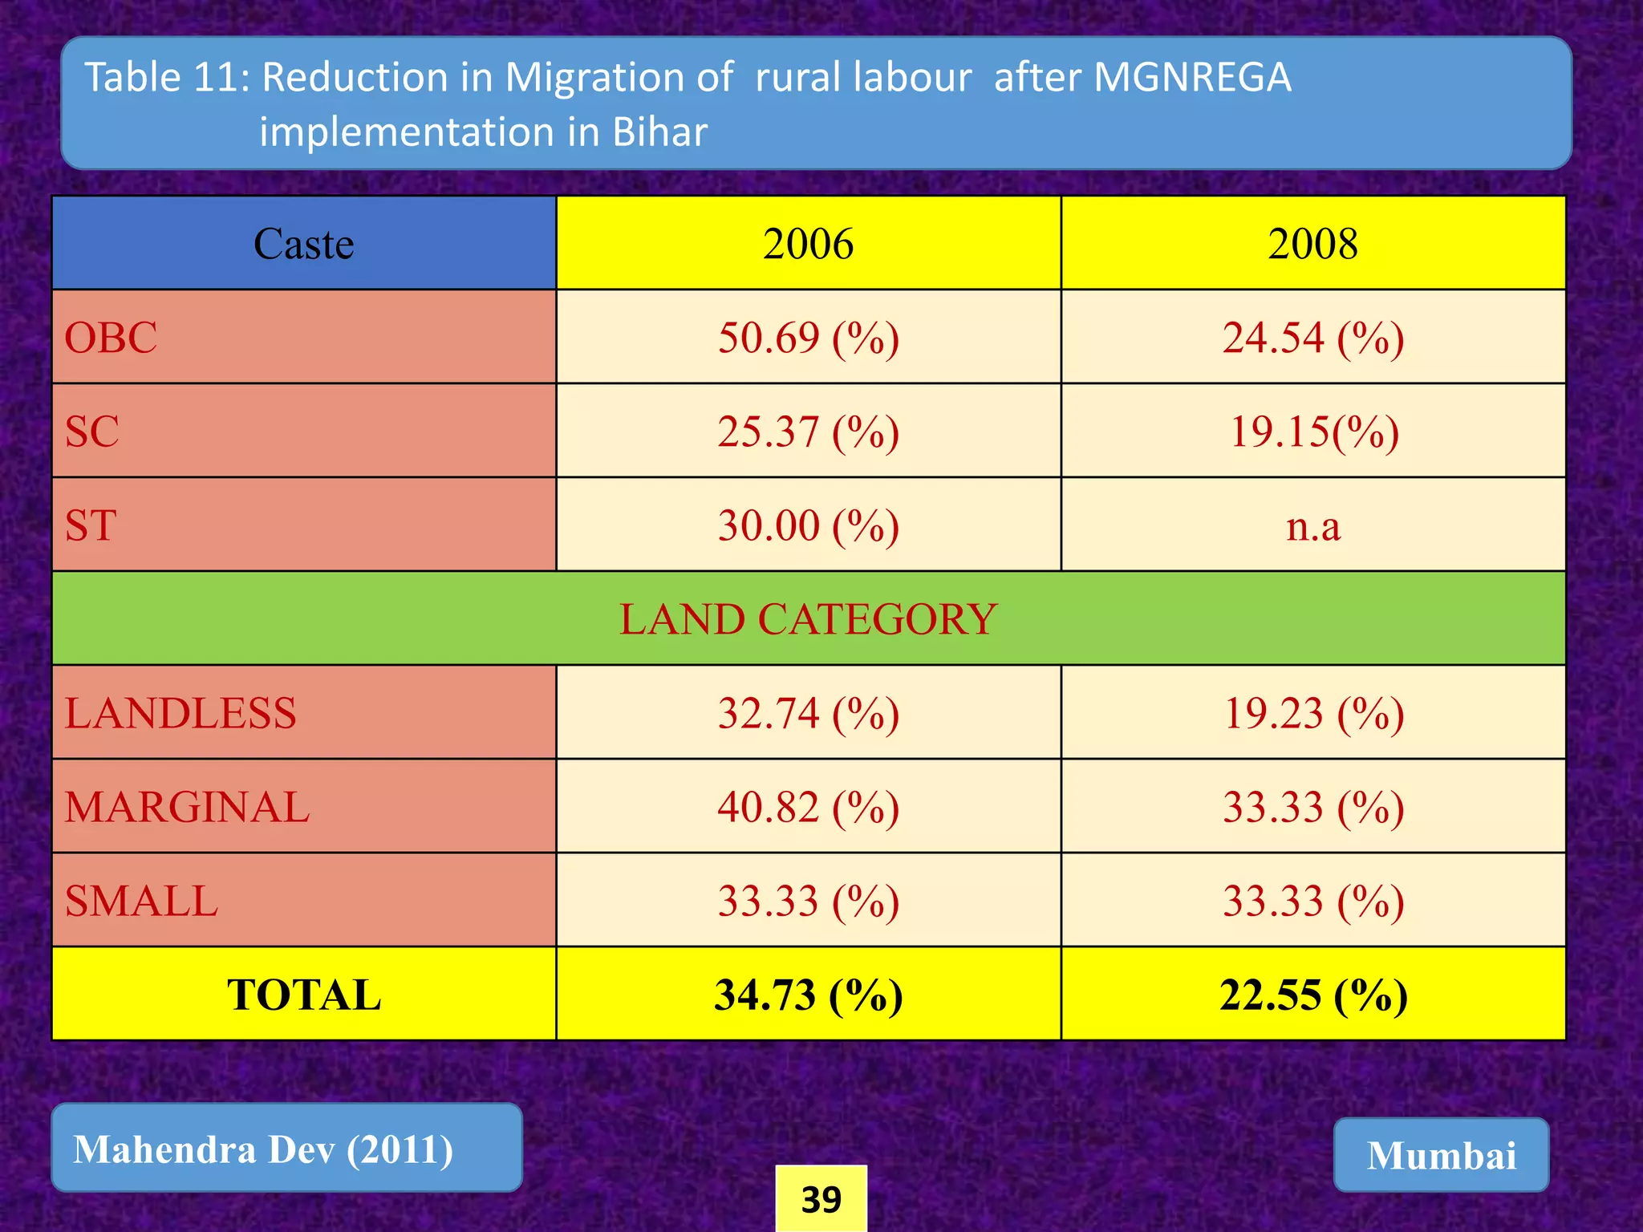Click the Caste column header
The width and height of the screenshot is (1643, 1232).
(x=303, y=243)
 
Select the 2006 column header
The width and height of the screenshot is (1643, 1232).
(x=808, y=243)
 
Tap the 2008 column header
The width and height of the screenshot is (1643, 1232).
(x=1312, y=243)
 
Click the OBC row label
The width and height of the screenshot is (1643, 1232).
(x=111, y=337)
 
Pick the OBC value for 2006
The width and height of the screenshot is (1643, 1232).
(x=808, y=337)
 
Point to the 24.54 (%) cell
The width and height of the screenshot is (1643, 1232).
(x=1312, y=337)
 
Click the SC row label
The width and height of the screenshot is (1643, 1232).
(x=92, y=431)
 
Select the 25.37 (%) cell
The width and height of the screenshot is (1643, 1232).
(x=808, y=431)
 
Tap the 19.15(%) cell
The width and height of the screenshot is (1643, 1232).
(x=1312, y=431)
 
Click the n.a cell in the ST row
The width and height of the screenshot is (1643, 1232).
(x=1312, y=525)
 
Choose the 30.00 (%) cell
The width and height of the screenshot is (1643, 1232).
(x=808, y=525)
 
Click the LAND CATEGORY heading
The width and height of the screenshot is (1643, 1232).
(x=808, y=618)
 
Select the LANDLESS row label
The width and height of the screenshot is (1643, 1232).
(x=181, y=712)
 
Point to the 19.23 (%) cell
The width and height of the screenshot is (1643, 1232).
(x=1312, y=712)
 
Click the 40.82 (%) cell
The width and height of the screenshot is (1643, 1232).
(x=808, y=806)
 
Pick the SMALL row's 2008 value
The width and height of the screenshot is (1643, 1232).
(x=1312, y=900)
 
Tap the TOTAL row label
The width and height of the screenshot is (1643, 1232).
(x=303, y=994)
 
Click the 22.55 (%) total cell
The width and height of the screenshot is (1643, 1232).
(x=1312, y=994)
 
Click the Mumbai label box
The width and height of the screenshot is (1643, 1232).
(x=1441, y=1155)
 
